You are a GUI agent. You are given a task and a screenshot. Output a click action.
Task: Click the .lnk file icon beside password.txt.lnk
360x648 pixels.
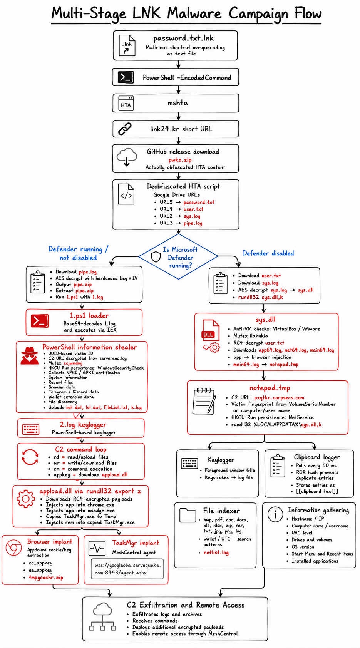tap(127, 45)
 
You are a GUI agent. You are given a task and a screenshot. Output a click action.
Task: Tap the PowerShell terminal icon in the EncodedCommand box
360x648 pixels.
tap(126, 77)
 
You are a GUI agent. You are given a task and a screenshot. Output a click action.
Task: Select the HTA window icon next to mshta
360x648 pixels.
tap(126, 103)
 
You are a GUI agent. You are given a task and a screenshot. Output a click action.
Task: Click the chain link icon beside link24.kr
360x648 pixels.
tap(125, 129)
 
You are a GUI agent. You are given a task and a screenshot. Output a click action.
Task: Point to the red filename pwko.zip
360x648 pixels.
tap(180, 160)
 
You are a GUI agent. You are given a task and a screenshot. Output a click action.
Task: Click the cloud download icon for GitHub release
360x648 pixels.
tap(127, 157)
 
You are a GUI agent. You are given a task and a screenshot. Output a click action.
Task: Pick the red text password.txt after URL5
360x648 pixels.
tap(199, 202)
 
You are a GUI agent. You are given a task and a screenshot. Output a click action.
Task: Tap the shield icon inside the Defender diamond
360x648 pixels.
tap(156, 256)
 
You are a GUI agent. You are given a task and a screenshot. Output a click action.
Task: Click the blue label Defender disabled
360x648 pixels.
tap(268, 253)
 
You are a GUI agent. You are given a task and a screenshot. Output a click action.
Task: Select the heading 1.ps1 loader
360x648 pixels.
tap(89, 316)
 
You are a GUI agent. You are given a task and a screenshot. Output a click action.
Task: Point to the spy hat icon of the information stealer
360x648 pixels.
tap(30, 355)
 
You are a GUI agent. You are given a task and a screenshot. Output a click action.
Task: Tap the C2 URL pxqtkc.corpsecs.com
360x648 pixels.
tap(279, 397)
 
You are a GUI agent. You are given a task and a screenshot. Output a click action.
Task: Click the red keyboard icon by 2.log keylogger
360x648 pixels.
tap(31, 429)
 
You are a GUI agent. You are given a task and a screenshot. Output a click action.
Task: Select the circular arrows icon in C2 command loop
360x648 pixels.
tap(30, 457)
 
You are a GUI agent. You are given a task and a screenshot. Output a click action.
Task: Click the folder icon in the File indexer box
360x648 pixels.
tap(188, 515)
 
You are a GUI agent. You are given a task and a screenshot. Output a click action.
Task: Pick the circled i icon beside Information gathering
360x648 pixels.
tap(275, 514)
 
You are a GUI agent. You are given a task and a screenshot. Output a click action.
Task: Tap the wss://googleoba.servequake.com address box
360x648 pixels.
tap(127, 569)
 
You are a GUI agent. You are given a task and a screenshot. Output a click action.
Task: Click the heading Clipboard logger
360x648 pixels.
tap(317, 457)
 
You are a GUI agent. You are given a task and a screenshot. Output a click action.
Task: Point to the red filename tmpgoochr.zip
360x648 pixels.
tap(46, 578)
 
